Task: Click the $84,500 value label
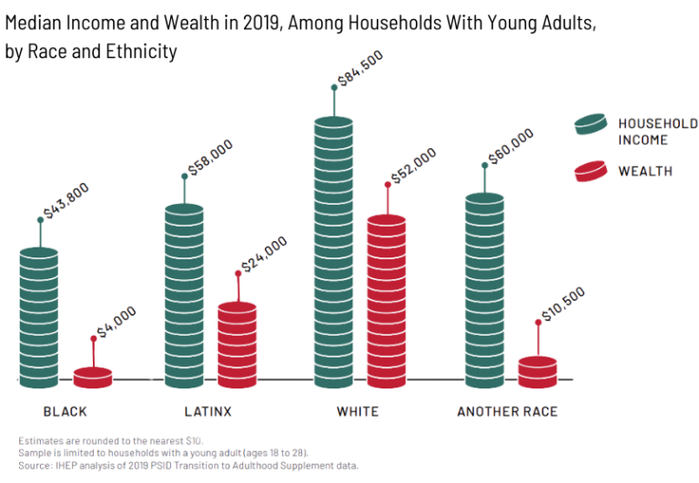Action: point(360,68)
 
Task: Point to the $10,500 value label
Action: point(562,304)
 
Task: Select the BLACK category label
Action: point(66,412)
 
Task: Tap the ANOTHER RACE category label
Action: point(507,412)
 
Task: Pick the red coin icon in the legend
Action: point(591,170)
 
